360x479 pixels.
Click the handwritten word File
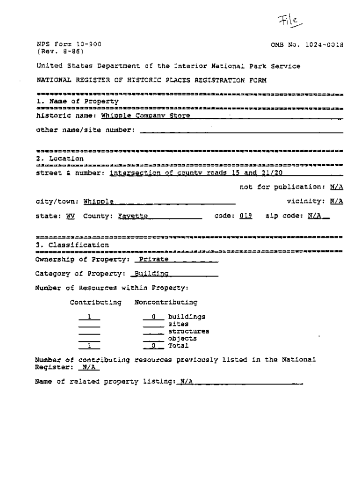288,21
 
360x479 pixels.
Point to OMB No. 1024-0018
307,45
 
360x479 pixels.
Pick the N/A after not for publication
337,187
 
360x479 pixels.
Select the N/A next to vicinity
337,201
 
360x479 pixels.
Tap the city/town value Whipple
99,202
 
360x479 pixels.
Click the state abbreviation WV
71,216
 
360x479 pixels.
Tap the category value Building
151,274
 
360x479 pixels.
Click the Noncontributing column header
166,302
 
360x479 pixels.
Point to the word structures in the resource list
188,331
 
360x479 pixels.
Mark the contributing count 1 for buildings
89,317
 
